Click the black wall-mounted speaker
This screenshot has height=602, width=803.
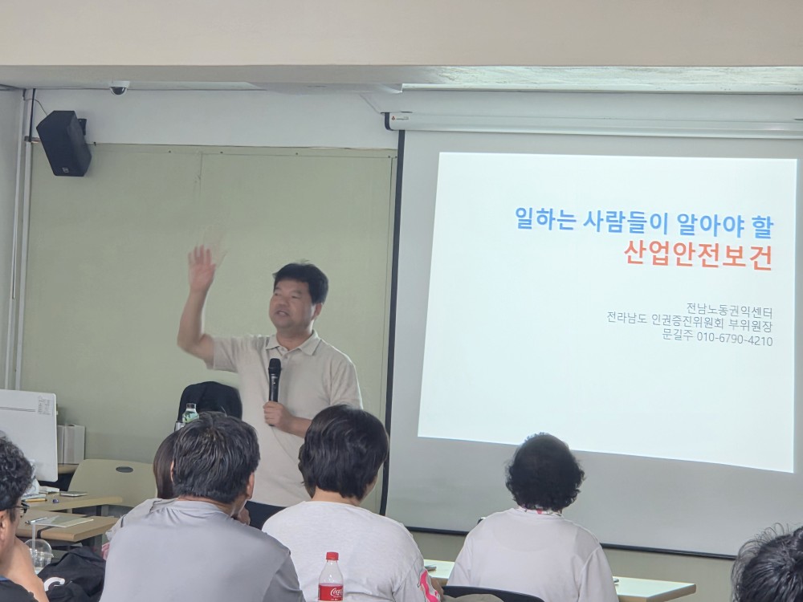pos(64,143)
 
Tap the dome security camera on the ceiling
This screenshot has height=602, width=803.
pos(118,88)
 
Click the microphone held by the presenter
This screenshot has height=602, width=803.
pos(274,380)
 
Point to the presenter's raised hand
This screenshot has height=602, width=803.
pos(201,268)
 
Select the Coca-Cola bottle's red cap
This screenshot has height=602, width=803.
pos(332,556)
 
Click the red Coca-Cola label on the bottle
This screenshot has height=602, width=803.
pos(331,592)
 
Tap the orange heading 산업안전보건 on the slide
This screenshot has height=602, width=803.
pos(698,255)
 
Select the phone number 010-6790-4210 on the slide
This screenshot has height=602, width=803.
pos(735,340)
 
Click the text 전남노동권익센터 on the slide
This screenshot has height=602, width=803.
pos(729,310)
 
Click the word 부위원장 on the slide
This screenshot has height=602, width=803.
pos(750,325)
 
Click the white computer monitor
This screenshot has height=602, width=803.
pos(27,433)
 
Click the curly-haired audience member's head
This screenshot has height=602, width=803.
pos(544,472)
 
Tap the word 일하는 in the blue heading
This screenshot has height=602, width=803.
pos(544,219)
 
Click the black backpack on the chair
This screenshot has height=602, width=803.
pos(210,400)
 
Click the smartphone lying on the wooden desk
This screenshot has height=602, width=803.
pos(74,494)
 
